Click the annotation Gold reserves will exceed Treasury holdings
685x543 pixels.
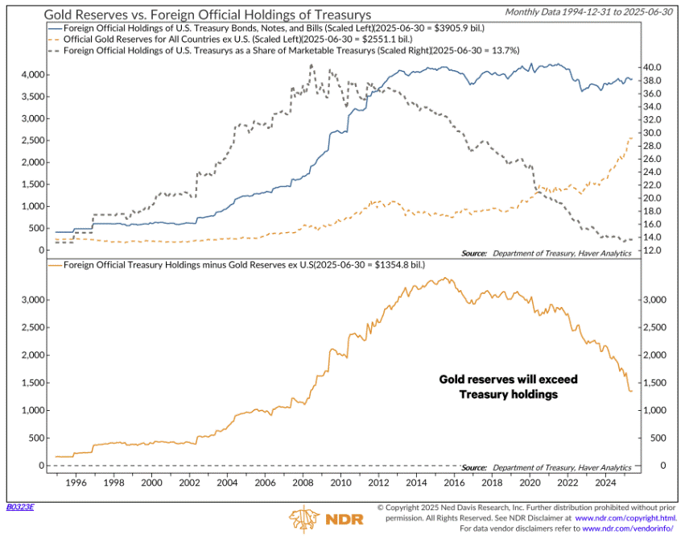coord(508,386)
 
